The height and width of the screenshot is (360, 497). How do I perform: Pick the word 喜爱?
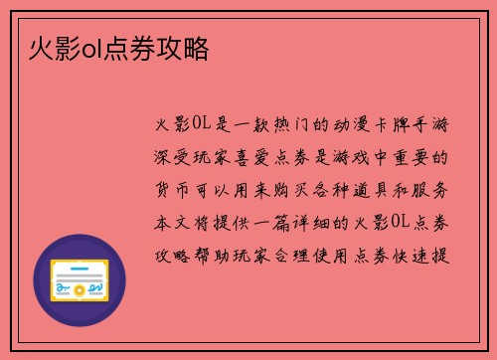[253, 157]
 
